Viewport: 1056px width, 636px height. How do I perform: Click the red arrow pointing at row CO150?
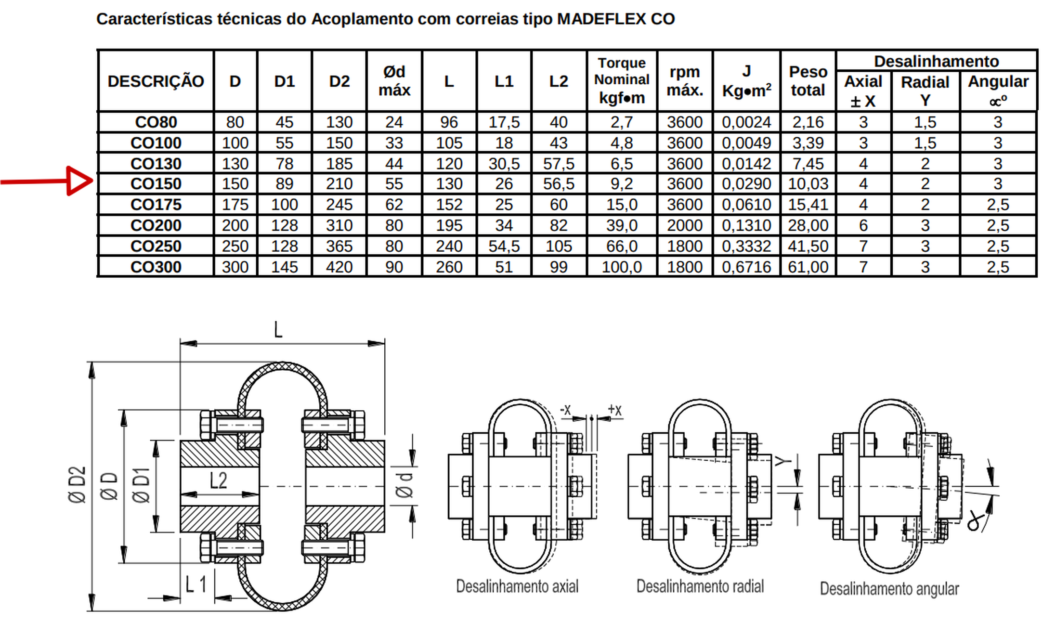click(47, 181)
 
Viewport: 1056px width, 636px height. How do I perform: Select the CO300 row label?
click(156, 267)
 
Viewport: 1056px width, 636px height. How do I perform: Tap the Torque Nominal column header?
click(622, 80)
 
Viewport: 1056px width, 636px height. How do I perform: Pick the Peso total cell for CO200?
click(808, 225)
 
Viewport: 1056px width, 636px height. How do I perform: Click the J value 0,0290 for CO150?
click(746, 184)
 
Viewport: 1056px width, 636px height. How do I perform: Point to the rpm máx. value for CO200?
click(684, 225)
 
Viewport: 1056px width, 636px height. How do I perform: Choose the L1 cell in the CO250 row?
click(504, 246)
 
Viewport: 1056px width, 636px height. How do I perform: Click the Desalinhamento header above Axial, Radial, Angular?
click(936, 62)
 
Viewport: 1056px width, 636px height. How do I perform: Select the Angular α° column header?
click(998, 91)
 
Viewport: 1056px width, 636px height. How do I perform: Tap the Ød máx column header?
click(394, 81)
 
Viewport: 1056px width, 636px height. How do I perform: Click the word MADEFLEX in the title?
click(601, 19)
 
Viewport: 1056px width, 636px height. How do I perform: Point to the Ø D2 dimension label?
click(77, 484)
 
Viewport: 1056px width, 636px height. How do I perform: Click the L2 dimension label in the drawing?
click(218, 480)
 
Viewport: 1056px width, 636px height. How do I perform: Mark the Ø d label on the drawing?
click(404, 484)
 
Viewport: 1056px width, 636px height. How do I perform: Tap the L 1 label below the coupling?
click(196, 584)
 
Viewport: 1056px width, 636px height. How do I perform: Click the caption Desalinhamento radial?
click(700, 586)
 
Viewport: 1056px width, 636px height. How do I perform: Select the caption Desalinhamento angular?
click(889, 589)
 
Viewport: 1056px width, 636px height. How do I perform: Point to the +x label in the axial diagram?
click(614, 410)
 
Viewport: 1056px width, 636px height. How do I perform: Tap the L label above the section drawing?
click(278, 330)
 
